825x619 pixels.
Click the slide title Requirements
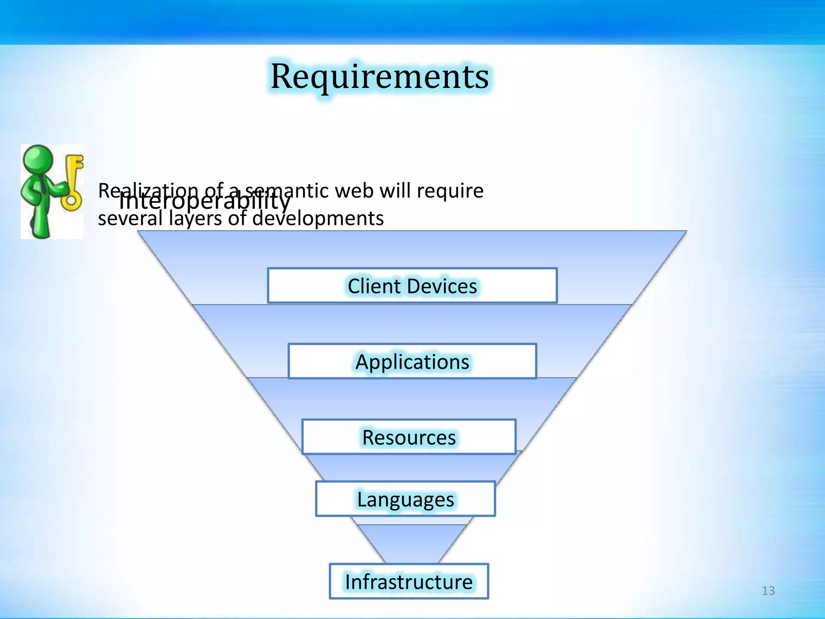[x=379, y=77]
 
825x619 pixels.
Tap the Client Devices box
[x=412, y=286]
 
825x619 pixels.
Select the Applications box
[x=412, y=361]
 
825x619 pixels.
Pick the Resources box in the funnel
[x=409, y=437]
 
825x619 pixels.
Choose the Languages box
[x=405, y=499]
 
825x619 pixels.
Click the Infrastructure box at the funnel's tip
[x=409, y=582]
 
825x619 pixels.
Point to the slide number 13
[x=768, y=591]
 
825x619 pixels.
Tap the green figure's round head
[x=38, y=159]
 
